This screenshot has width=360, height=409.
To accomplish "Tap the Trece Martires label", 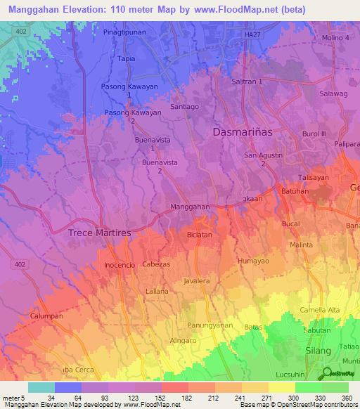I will click(99, 233).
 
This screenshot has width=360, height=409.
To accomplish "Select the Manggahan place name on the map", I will click(190, 207).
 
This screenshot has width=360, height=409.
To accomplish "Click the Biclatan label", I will click(200, 236).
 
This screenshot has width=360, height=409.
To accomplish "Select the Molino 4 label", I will click(334, 37).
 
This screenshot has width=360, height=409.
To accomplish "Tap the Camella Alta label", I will click(319, 310).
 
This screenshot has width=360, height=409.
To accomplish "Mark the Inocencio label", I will click(120, 265).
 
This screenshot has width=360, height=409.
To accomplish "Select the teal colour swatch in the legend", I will click(41, 387).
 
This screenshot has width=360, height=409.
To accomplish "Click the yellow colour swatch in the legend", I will click(281, 387).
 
